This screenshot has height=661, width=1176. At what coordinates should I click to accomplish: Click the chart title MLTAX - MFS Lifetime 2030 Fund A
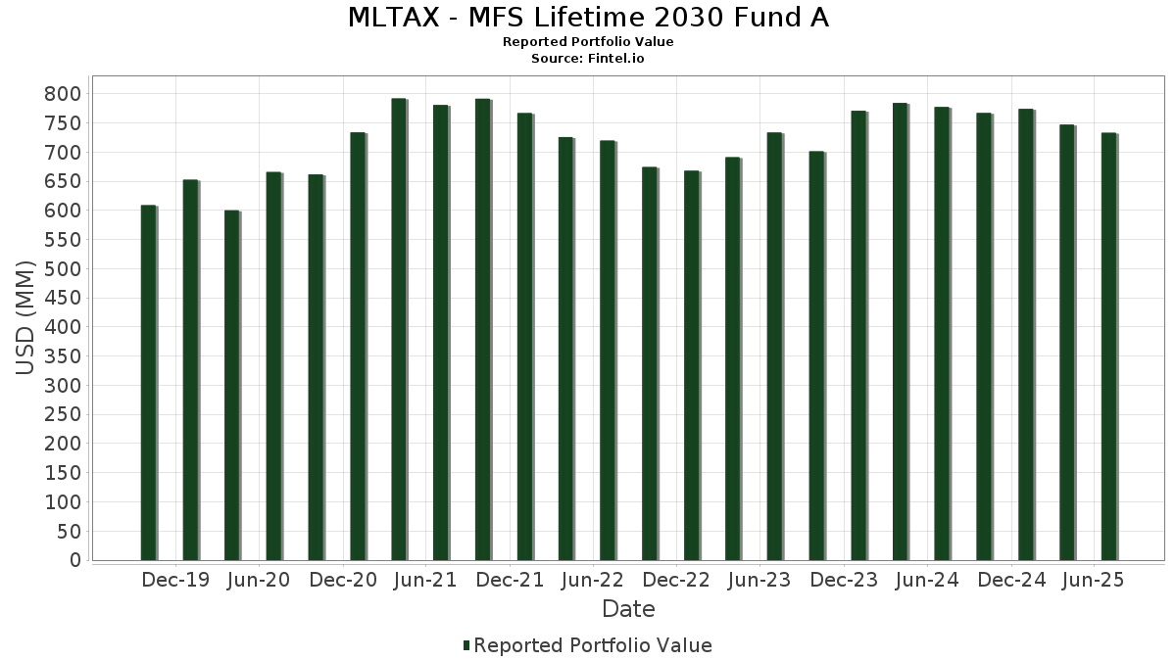588,18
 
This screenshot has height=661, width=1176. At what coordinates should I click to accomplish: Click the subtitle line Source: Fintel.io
588,59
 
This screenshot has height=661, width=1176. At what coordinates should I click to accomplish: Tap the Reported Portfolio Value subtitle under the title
588,42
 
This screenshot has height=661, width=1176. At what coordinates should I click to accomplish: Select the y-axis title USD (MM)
25,317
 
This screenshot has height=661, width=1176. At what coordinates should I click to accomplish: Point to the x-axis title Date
628,609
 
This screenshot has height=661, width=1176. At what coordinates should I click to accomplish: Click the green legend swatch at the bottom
466,645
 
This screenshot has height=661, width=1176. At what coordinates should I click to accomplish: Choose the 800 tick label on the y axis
63,94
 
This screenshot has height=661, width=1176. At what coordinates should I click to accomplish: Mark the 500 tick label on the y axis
63,269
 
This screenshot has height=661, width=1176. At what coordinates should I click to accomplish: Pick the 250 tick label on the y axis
63,415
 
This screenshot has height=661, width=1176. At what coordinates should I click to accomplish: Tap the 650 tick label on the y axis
63,181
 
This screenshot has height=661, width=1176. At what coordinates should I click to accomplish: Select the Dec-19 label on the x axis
175,581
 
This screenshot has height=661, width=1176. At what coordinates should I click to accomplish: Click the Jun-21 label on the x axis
425,581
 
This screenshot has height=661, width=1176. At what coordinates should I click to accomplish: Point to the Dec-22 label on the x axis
676,581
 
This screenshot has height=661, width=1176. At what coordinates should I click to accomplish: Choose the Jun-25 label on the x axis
1094,581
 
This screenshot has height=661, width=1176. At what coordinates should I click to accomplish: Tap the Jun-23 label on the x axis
759,581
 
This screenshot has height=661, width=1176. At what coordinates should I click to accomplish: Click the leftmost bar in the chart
148,383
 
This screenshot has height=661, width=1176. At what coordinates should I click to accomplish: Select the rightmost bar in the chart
1108,347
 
